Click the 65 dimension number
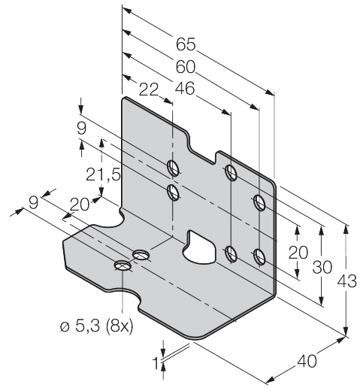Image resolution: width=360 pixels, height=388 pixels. [x=186, y=44]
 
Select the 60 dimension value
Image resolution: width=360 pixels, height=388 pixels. [x=186, y=67]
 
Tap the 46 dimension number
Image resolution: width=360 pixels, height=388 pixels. [x=185, y=89]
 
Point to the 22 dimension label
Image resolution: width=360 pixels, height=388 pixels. [x=149, y=89]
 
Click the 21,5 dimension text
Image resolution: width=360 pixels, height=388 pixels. [x=103, y=174]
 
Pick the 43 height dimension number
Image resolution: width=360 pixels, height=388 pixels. [x=346, y=281]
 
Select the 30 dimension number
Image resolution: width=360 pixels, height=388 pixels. [x=322, y=267]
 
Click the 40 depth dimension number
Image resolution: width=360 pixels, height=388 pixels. [x=307, y=361]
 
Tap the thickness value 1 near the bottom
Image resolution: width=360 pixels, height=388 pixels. [x=156, y=363]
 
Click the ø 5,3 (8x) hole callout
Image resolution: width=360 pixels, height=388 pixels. [x=97, y=326]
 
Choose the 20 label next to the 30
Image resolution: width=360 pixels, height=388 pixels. [x=298, y=252]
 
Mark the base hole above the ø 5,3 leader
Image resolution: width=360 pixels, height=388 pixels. [x=123, y=265]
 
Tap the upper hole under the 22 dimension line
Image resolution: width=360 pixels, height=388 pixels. [x=173, y=167]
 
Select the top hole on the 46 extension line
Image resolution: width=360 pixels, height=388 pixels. [x=231, y=172]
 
